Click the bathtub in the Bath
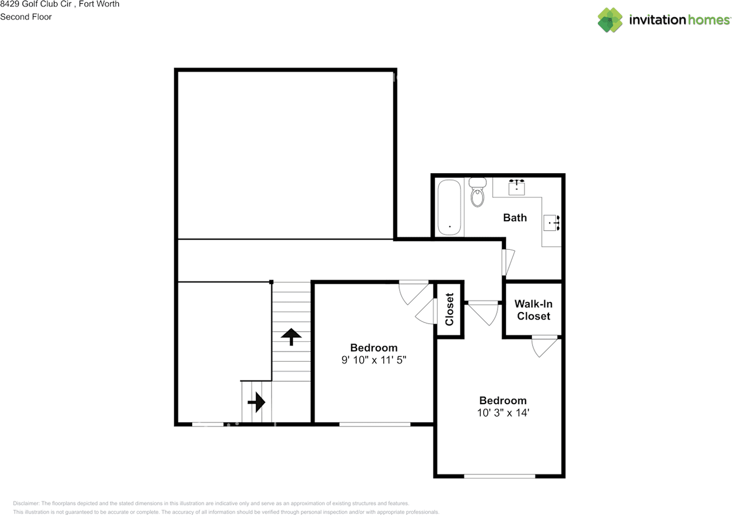[449, 207]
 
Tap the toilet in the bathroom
[478, 192]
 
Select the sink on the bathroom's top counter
[516, 187]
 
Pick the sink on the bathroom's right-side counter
[552, 223]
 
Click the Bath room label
[515, 218]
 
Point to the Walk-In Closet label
[534, 310]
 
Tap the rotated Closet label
[449, 309]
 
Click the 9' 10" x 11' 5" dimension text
[374, 360]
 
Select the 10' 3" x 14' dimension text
[503, 413]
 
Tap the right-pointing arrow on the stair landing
[256, 402]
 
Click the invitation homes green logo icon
[610, 20]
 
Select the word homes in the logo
[709, 20]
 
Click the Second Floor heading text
[26, 17]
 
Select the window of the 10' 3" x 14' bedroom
[500, 477]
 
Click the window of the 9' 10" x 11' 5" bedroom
[375, 424]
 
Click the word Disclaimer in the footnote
[26, 503]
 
